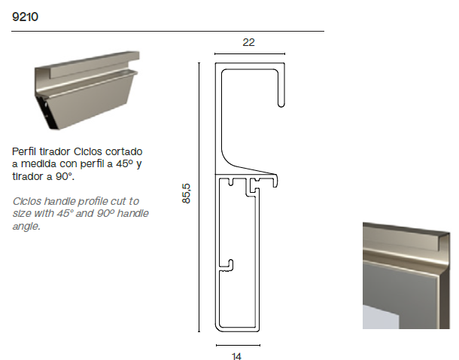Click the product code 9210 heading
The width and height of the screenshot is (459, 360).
click(x=25, y=17)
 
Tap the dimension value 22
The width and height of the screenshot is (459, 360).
click(x=248, y=42)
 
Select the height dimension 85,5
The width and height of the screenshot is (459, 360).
click(x=186, y=194)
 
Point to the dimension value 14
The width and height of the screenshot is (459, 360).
click(x=236, y=356)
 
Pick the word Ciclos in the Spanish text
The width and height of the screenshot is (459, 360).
click(x=88, y=151)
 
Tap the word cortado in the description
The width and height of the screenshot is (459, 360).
click(x=124, y=151)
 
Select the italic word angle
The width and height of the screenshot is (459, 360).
click(x=26, y=226)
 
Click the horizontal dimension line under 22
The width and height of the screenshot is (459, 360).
click(x=250, y=54)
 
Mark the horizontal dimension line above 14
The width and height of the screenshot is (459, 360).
click(x=238, y=346)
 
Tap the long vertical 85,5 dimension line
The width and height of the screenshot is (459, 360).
click(x=199, y=197)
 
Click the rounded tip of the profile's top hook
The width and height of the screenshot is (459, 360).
click(x=281, y=105)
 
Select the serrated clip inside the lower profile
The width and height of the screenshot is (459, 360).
click(x=227, y=265)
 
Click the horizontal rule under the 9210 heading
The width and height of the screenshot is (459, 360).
click(x=168, y=31)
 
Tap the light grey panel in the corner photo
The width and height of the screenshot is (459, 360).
click(x=381, y=317)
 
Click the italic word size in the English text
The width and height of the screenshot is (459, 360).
click(x=22, y=214)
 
